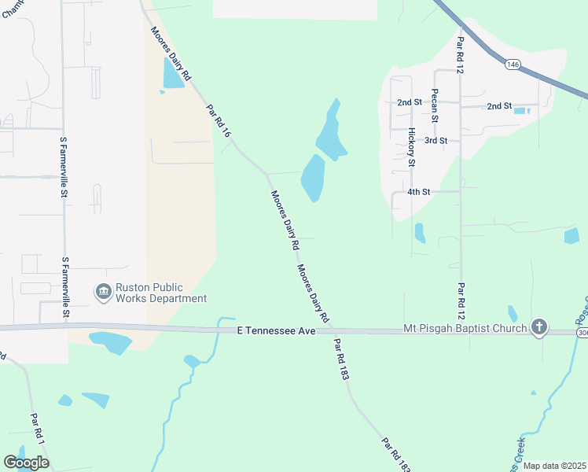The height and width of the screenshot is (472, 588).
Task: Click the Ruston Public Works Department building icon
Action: tap(103, 293)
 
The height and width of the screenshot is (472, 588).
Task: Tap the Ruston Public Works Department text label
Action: tap(161, 293)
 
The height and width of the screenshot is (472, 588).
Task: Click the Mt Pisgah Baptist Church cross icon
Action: tap(538, 326)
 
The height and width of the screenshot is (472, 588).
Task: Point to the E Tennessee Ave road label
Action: tap(276, 332)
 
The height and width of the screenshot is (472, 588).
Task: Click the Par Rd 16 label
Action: tap(219, 123)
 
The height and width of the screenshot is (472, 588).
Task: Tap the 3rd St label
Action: tap(435, 141)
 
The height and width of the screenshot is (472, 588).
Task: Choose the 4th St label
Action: tap(419, 191)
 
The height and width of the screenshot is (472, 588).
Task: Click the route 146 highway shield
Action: tap(512, 64)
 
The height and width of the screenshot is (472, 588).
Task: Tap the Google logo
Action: tap(26, 462)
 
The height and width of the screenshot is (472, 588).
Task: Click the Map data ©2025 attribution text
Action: tap(554, 466)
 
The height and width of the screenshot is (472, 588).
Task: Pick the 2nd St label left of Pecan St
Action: tap(410, 102)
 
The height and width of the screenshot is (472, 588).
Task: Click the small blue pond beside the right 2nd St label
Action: tap(520, 110)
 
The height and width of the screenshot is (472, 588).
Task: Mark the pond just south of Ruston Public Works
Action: tap(110, 341)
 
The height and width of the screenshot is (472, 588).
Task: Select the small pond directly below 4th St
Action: tap(420, 233)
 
